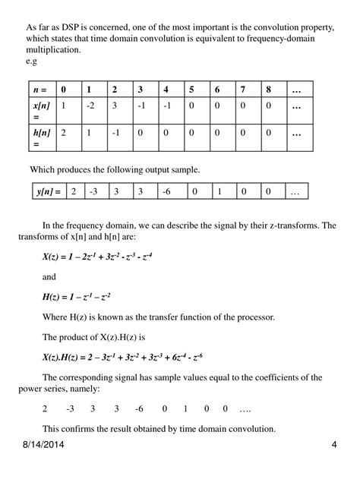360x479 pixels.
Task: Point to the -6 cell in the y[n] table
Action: [x=166, y=192]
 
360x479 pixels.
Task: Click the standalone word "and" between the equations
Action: [x=49, y=277]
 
